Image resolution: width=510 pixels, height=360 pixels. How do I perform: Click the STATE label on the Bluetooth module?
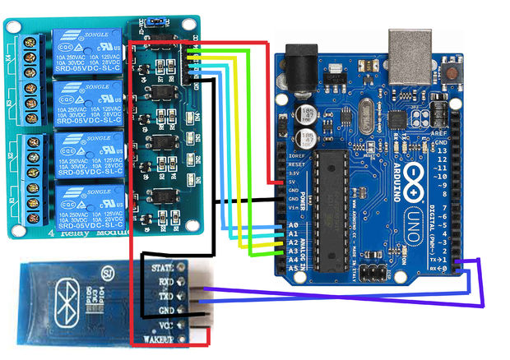(x=160, y=266)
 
